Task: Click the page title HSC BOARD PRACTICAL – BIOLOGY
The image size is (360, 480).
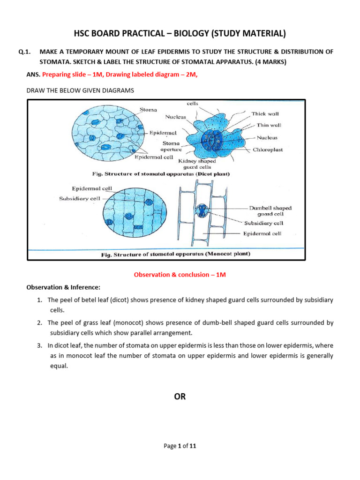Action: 180,33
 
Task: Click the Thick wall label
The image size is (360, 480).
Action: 265,114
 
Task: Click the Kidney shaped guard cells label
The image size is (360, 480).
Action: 197,164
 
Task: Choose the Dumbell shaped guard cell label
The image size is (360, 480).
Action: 270,210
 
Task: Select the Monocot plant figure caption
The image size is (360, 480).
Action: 176,254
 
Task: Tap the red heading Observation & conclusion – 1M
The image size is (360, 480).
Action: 180,275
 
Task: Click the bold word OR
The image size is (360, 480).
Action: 180,397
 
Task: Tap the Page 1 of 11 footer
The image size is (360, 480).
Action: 180,446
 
